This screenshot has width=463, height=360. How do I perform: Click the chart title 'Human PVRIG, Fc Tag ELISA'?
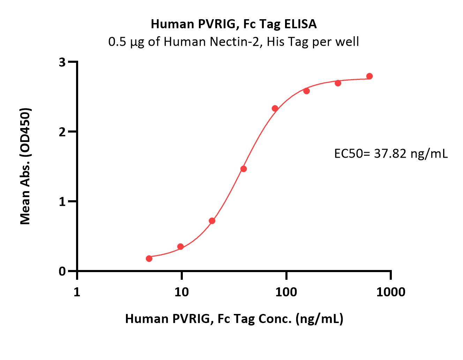click(x=234, y=24)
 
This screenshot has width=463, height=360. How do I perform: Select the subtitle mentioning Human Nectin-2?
click(x=233, y=42)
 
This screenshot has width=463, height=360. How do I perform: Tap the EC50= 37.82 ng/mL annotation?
click(x=391, y=153)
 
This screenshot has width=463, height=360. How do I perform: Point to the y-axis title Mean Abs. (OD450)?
click(x=25, y=166)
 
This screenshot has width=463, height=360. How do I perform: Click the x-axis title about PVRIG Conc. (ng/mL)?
click(x=234, y=318)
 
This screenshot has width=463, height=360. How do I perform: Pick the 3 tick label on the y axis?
click(x=62, y=62)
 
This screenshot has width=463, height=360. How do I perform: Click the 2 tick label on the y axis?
click(x=62, y=132)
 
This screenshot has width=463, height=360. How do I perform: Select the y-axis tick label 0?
click(x=62, y=271)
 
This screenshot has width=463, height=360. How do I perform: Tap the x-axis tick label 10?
click(x=181, y=292)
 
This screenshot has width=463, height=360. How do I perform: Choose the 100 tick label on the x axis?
click(x=286, y=292)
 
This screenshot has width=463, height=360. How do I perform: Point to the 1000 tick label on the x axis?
click(x=391, y=292)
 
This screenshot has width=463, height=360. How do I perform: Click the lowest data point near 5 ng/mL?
click(x=149, y=258)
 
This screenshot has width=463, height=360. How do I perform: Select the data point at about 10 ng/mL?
click(x=180, y=247)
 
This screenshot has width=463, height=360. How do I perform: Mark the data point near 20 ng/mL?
click(x=212, y=221)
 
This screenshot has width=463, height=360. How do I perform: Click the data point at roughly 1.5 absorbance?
click(x=244, y=169)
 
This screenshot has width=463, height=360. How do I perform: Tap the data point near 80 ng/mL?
click(x=275, y=108)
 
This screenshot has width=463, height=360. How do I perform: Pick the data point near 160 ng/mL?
click(x=306, y=91)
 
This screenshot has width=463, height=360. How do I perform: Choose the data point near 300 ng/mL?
click(x=338, y=83)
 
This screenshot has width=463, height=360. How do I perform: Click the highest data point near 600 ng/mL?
click(x=369, y=76)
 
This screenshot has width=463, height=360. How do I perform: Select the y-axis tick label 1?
click(x=62, y=202)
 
